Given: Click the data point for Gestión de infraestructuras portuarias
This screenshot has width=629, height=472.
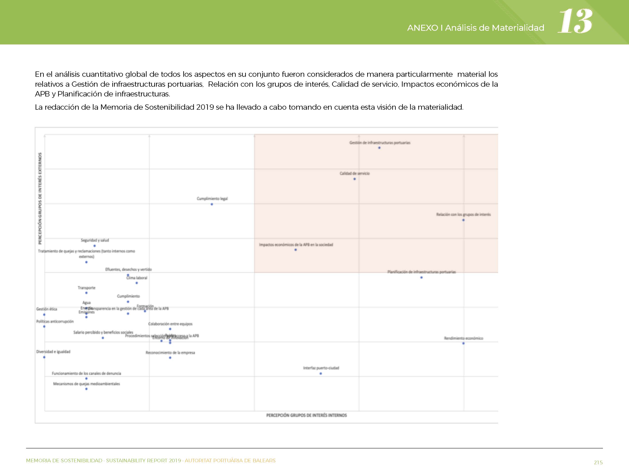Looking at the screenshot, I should (379, 148).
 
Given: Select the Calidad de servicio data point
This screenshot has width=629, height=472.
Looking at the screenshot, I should (355, 179).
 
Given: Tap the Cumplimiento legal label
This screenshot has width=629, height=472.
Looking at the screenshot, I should (212, 199).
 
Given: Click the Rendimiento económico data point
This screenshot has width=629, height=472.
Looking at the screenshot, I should (463, 343).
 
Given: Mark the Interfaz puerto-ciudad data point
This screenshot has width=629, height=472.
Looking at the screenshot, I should (321, 374).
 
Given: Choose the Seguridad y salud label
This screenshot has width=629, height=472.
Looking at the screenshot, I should (95, 240).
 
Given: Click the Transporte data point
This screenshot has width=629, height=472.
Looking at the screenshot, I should (86, 293).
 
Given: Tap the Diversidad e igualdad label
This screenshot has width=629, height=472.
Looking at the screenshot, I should (53, 352).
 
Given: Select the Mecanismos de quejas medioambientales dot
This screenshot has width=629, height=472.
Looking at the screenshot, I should (86, 389).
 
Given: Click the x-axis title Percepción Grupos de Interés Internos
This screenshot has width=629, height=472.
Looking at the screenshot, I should (306, 415).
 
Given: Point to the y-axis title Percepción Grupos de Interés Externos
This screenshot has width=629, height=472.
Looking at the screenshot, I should (40, 198).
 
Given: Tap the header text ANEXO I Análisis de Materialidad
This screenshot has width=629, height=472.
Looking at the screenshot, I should (475, 28).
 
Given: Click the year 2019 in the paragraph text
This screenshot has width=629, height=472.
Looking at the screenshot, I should (205, 107).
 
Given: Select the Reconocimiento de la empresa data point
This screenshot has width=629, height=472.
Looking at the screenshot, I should (170, 358).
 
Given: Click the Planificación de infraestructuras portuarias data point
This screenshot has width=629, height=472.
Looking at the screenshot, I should (421, 277).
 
